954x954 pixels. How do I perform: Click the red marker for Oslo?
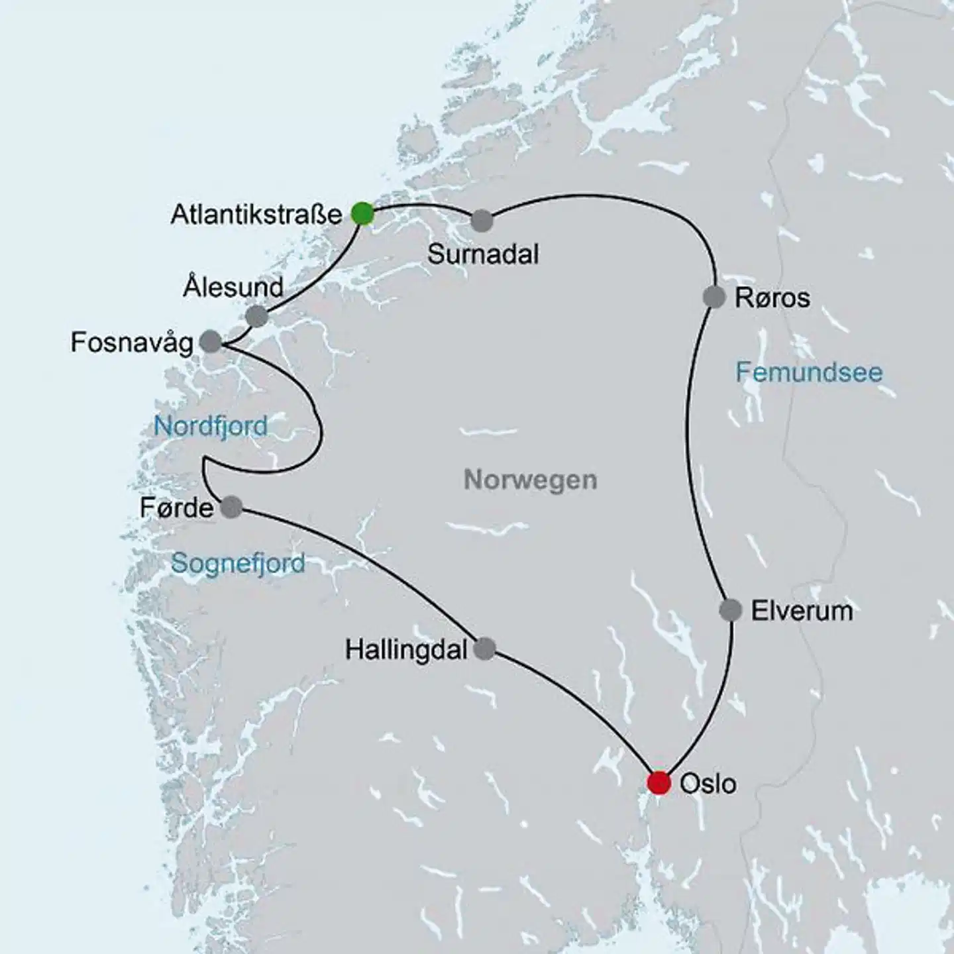click(659, 782)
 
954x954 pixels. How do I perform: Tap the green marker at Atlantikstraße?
click(362, 214)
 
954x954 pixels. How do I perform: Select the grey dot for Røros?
click(714, 297)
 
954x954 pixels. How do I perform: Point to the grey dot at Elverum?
click(730, 609)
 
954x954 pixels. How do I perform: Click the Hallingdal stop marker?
click(485, 649)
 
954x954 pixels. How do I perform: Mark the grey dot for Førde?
click(231, 507)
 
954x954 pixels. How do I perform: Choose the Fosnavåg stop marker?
click(211, 341)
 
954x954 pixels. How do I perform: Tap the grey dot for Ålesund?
click(256, 317)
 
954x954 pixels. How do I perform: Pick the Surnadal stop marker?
click(482, 221)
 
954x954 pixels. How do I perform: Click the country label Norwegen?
click(530, 479)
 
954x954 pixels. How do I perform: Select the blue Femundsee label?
click(809, 372)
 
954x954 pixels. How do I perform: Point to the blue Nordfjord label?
click(211, 425)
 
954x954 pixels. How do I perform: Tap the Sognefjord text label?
click(238, 564)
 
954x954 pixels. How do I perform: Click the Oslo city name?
click(708, 784)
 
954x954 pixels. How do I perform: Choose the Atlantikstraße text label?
click(256, 215)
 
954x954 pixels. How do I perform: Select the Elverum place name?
click(802, 610)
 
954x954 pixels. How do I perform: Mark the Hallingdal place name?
click(406, 650)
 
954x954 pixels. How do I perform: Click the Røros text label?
click(772, 298)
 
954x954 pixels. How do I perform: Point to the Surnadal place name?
click(483, 254)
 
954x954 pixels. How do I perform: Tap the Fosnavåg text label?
click(132, 343)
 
